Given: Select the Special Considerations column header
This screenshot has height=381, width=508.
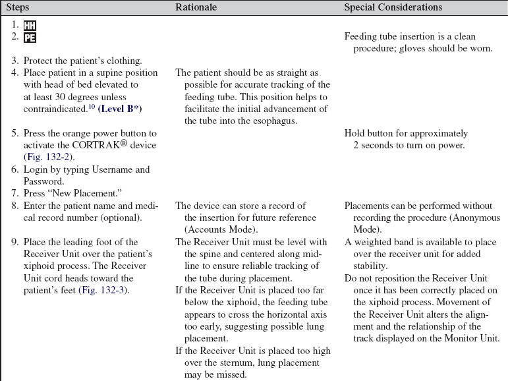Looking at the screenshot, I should [393, 7].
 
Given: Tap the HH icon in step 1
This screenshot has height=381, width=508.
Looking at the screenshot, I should [30, 25].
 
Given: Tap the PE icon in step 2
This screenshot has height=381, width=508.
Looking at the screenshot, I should [30, 38].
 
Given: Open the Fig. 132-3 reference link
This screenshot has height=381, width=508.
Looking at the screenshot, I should [103, 290].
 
